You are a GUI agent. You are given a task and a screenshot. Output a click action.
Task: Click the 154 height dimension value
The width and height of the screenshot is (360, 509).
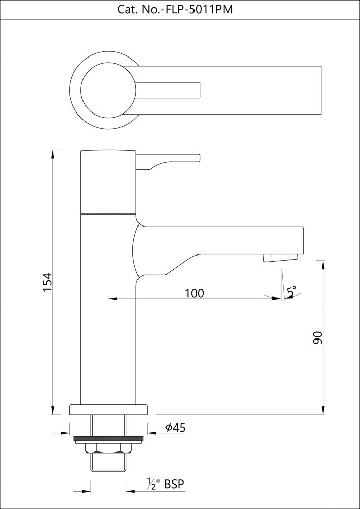point(47,283)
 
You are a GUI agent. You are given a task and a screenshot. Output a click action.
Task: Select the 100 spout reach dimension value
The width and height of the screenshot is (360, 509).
point(194,293)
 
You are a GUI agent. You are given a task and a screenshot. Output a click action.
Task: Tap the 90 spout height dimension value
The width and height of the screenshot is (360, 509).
point(318,337)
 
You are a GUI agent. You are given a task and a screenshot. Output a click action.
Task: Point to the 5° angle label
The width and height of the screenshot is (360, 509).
point(291,292)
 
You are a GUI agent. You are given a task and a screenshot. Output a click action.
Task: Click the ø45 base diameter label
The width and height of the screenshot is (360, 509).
point(175,428)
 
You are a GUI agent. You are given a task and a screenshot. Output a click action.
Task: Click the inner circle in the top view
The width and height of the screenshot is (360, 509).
point(108,90)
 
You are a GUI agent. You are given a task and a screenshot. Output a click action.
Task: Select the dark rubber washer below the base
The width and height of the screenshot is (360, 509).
point(108,438)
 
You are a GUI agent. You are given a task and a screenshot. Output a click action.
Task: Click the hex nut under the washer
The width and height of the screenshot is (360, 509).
point(108,447)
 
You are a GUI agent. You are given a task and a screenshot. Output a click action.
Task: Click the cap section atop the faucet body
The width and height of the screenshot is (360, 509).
point(108,181)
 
